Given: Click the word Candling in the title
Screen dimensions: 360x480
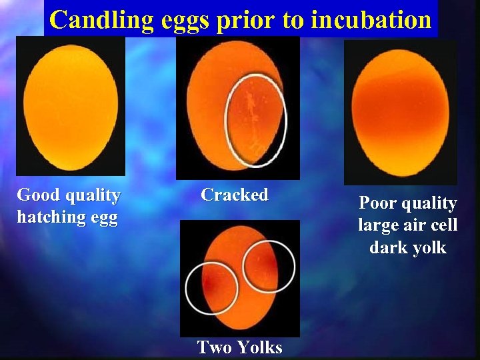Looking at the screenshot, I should pyautogui.click(x=102, y=20).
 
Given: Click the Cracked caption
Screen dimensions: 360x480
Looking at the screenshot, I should pyautogui.click(x=235, y=195).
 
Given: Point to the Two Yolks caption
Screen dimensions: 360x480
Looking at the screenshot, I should pyautogui.click(x=240, y=347).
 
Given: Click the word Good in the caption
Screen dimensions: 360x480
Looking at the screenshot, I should pyautogui.click(x=37, y=195).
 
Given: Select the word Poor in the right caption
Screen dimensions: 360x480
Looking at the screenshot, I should pyautogui.click(x=378, y=203).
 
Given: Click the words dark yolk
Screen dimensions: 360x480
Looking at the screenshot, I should pyautogui.click(x=408, y=247).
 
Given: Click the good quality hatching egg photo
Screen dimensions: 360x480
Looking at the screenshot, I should pyautogui.click(x=70, y=105).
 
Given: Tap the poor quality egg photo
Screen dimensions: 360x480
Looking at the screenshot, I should pyautogui.click(x=400, y=111).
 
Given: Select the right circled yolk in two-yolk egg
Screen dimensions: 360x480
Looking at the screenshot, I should pyautogui.click(x=268, y=265).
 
